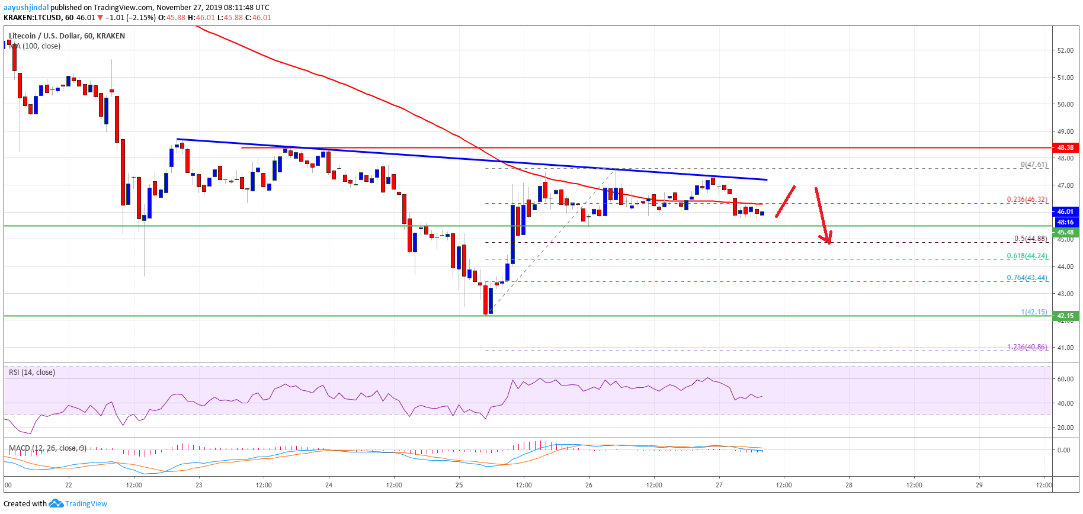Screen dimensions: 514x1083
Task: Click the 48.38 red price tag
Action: [x=1065, y=147]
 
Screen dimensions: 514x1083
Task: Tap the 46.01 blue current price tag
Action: [x=1065, y=211]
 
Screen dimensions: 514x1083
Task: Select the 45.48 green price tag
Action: [x=1065, y=233]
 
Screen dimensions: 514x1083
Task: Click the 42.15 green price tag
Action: [x=1065, y=316]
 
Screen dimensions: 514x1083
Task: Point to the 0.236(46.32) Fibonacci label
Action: [x=1027, y=200]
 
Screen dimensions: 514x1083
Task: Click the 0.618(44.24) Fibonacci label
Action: [x=1027, y=256]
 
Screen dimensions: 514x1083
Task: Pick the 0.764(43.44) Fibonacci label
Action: [x=1027, y=278]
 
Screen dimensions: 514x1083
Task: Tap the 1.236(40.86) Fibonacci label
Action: [x=1027, y=348]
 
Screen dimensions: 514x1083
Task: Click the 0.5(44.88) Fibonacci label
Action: [x=1030, y=239]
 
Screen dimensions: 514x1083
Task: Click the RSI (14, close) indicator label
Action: [x=32, y=372]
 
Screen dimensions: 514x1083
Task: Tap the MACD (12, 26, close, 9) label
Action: [x=48, y=448]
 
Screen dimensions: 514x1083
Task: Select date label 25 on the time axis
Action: [x=459, y=485]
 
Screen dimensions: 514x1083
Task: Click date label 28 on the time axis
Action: [x=849, y=485]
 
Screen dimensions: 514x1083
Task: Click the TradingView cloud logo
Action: [x=56, y=503]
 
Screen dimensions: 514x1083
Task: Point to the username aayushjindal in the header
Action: [x=26, y=8]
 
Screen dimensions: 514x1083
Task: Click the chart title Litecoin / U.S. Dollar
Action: [x=44, y=36]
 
